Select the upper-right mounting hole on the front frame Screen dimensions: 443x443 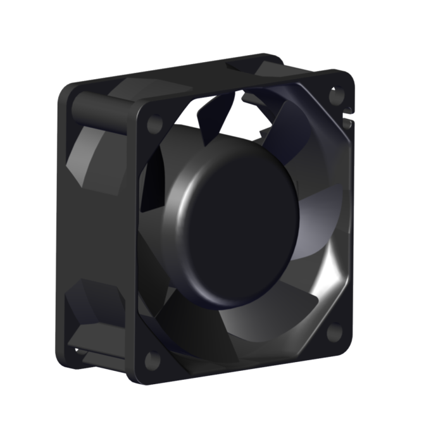[335, 97]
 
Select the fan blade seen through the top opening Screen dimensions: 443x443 [215, 114]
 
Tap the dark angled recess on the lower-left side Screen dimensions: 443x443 [95, 304]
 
